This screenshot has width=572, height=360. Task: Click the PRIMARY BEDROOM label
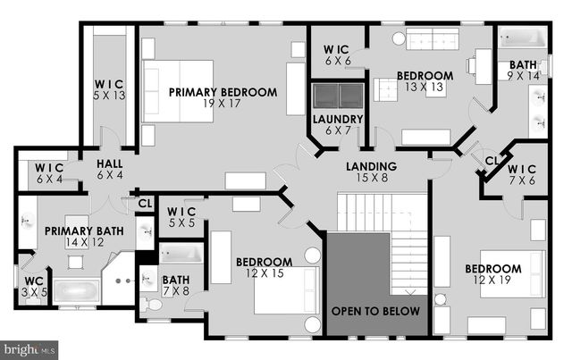[x=223, y=92]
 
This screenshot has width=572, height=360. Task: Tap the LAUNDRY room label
[x=337, y=119]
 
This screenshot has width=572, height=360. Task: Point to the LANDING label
[x=373, y=167]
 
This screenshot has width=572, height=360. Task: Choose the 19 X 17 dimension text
[x=223, y=104]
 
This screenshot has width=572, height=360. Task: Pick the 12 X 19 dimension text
[x=492, y=280]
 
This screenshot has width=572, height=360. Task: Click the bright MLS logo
[x=29, y=348]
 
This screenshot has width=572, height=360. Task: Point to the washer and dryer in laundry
[x=337, y=96]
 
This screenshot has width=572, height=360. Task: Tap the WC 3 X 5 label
[x=33, y=286]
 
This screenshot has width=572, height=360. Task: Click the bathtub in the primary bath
[x=76, y=290]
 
